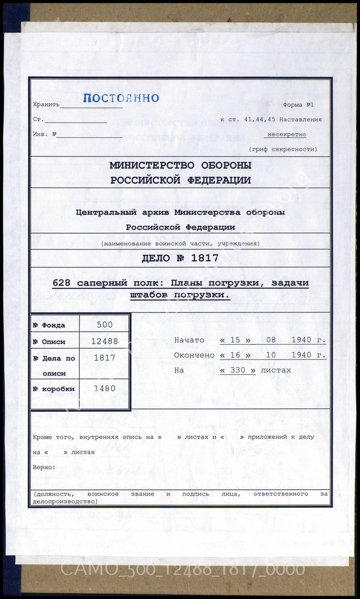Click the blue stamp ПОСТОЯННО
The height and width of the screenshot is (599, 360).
[121, 98]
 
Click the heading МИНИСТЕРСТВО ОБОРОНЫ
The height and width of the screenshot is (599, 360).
[181, 165]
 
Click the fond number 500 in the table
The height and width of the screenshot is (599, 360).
[104, 324]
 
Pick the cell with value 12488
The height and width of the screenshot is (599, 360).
[104, 341]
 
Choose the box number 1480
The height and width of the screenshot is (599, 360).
[104, 389]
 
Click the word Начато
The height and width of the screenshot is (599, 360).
[189, 340]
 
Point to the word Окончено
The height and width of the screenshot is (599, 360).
[194, 355]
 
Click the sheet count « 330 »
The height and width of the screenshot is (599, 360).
[238, 370]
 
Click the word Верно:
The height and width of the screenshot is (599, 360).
[44, 467]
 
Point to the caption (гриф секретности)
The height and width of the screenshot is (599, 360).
[283, 149]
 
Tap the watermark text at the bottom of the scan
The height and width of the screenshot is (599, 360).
[182, 569]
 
